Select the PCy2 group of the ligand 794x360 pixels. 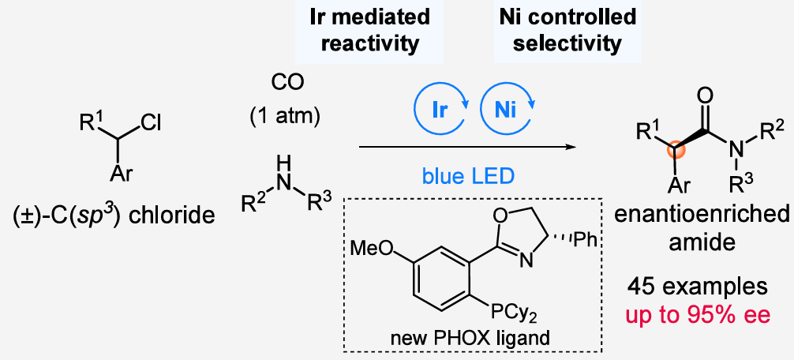[x=503, y=317]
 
